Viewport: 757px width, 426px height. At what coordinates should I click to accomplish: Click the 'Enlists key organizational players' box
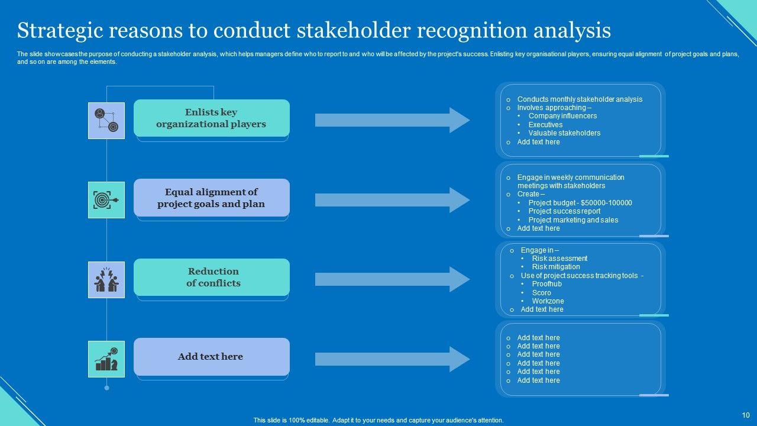pos(211,118)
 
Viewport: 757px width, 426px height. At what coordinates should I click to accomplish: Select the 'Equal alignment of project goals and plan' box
pos(211,198)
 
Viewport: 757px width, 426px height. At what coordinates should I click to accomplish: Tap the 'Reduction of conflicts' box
pos(211,277)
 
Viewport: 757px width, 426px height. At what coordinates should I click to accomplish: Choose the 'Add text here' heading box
pos(211,356)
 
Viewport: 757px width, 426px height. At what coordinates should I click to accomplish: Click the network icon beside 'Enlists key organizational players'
pos(106,121)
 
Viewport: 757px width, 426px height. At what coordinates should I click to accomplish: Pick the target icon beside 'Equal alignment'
pos(106,200)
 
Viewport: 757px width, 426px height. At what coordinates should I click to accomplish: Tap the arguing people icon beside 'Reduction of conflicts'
pos(106,279)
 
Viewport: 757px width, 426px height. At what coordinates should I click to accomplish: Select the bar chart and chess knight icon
pos(106,359)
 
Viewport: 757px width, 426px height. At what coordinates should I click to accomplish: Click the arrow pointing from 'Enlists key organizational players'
pos(392,120)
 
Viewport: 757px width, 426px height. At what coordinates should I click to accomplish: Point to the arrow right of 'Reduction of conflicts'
pos(392,279)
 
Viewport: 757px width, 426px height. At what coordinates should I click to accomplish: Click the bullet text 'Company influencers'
pos(562,116)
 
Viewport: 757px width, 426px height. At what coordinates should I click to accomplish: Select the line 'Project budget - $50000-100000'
pos(580,203)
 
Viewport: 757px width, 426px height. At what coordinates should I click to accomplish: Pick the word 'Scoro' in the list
pos(541,293)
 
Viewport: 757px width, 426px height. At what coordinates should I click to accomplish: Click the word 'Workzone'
pos(548,301)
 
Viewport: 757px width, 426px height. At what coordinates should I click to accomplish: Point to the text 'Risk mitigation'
pos(555,267)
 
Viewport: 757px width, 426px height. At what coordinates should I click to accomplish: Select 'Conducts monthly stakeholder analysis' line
pos(580,99)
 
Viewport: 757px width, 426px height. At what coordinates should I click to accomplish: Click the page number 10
pos(746,415)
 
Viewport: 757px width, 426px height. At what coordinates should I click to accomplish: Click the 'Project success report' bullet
pos(564,211)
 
